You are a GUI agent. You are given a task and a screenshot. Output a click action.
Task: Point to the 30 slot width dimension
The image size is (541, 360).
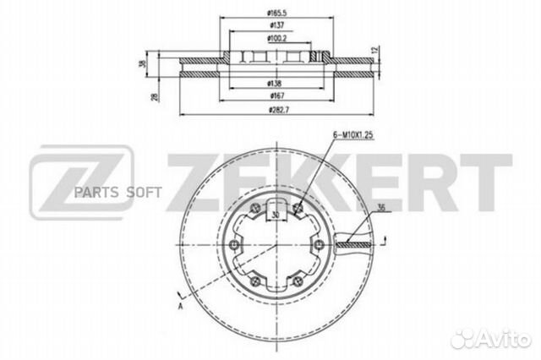click(x=276, y=215)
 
